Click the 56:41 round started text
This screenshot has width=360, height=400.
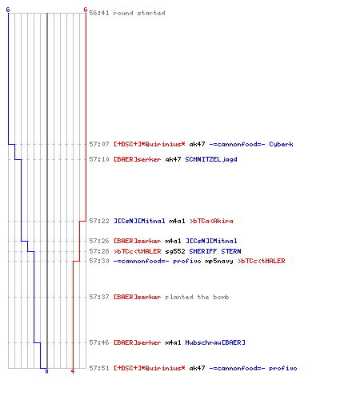tap(127, 13)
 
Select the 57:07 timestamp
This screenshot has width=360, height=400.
tap(99, 144)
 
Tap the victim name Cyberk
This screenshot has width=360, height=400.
tap(281, 144)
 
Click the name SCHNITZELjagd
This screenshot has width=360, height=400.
tap(211, 159)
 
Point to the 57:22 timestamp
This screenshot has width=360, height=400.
tap(99, 221)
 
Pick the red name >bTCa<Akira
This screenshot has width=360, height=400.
tap(211, 221)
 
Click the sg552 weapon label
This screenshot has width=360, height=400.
tap(175, 251)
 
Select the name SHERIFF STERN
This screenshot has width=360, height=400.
tap(215, 251)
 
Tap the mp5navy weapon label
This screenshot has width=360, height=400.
tap(219, 262)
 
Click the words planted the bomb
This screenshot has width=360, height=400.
tap(197, 297)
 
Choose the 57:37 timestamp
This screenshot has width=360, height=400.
tap(99, 297)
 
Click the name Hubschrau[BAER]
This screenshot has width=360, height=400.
tap(215, 342)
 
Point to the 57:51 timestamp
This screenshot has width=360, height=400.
tap(99, 368)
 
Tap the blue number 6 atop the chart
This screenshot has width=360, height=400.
tap(8, 10)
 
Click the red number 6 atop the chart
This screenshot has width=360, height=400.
tap(86, 10)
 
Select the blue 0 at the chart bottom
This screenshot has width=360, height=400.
tap(46, 371)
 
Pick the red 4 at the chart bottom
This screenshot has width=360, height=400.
tap(73, 371)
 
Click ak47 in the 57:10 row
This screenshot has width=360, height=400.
tap(173, 159)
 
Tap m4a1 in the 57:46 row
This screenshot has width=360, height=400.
tap(173, 342)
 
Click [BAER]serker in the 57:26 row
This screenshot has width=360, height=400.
tap(138, 241)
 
